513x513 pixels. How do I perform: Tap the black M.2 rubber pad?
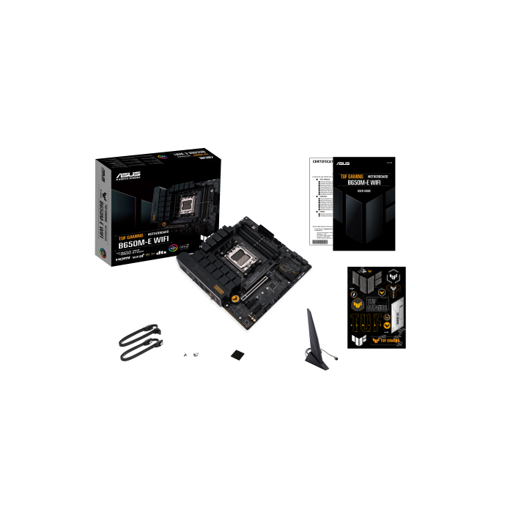click(x=238, y=355)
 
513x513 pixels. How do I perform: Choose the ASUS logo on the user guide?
click(x=342, y=163)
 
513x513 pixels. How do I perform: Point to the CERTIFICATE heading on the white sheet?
click(x=322, y=160)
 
